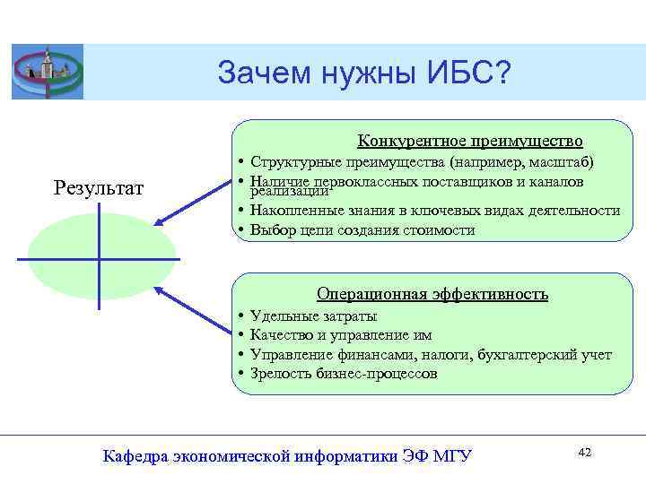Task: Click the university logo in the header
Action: point(47,72)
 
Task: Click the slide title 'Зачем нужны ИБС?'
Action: point(362,73)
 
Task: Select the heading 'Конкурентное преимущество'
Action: point(470,141)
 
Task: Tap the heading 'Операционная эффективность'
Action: point(432,294)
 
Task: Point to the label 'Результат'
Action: point(99,188)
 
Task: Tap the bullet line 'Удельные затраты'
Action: point(313,315)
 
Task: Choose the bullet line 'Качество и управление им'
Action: point(341,335)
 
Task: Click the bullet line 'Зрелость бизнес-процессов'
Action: point(344,374)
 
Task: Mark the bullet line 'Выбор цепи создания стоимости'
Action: point(363,229)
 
